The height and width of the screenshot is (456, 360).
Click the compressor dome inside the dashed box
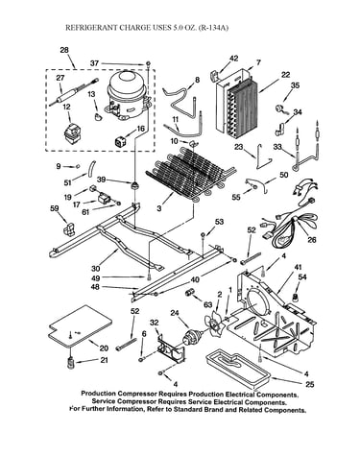[127, 95]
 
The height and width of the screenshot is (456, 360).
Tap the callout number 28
[64, 50]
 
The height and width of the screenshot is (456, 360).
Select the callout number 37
[94, 63]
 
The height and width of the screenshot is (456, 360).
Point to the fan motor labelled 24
[192, 337]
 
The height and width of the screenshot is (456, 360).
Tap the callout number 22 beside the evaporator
[286, 75]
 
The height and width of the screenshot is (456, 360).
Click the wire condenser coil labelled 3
[190, 173]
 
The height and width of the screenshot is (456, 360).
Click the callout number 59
[55, 208]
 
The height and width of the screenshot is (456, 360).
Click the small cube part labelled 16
[120, 141]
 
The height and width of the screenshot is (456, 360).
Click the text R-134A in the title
[213, 28]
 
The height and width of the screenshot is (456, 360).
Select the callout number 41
[299, 267]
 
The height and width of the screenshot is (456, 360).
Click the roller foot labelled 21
[71, 364]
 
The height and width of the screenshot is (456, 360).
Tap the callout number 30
[95, 268]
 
